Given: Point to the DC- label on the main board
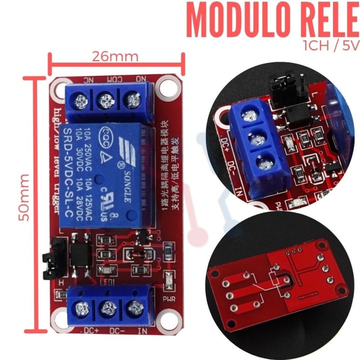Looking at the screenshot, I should coord(116,330).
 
